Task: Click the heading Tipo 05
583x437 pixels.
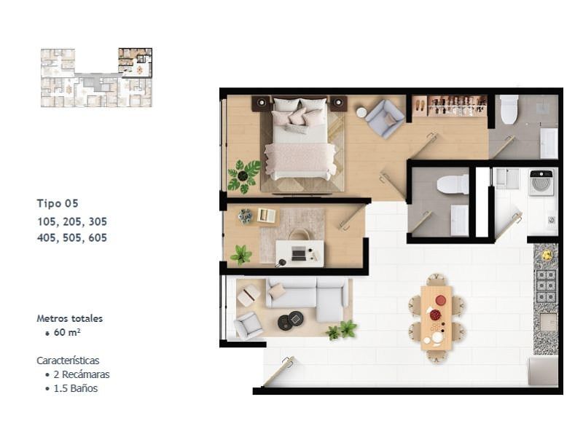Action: click(x=58, y=203)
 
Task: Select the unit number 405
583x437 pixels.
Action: click(x=47, y=238)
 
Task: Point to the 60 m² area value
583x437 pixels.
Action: click(x=67, y=332)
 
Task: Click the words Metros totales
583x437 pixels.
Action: click(x=69, y=318)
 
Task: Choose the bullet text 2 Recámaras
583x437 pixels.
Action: click(x=82, y=374)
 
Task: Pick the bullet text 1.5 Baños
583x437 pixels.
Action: click(x=76, y=388)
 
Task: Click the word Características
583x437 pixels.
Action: click(x=68, y=361)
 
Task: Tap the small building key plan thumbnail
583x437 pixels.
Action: click(x=96, y=78)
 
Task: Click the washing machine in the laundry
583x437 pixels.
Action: click(x=541, y=183)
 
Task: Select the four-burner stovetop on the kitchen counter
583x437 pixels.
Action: click(x=546, y=286)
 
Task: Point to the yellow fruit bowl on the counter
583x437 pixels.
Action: click(x=547, y=255)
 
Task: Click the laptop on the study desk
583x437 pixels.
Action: click(x=298, y=253)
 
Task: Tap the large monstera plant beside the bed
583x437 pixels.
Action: click(x=243, y=176)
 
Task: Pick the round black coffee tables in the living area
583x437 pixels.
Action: click(x=291, y=320)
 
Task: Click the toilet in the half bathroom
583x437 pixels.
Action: click(x=453, y=185)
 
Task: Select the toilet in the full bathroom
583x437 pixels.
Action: click(x=509, y=109)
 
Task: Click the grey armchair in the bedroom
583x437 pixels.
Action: click(x=385, y=118)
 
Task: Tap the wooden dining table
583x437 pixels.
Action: click(x=437, y=318)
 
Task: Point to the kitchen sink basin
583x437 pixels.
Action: click(x=549, y=322)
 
